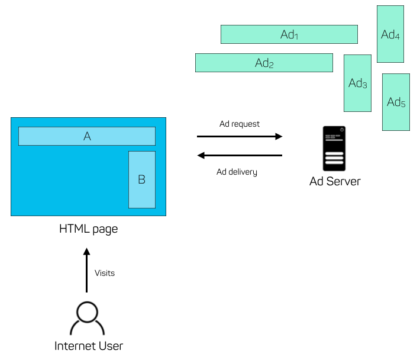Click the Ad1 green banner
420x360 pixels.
pyautogui.click(x=289, y=34)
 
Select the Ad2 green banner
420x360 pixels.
pyautogui.click(x=264, y=63)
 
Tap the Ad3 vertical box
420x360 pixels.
pyautogui.click(x=357, y=83)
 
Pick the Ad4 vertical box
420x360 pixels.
pyautogui.click(x=390, y=34)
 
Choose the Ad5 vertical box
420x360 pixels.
pyautogui.click(x=396, y=102)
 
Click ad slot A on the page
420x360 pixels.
pyautogui.click(x=87, y=136)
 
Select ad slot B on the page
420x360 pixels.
pyautogui.click(x=142, y=179)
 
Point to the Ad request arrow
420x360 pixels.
pyautogui.click(x=239, y=137)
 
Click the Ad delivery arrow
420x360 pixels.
pyautogui.click(x=239, y=156)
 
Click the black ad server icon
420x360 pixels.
pyautogui.click(x=334, y=148)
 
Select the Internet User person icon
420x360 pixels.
pyautogui.click(x=88, y=319)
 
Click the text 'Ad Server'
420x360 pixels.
pyautogui.click(x=335, y=181)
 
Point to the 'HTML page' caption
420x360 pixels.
pyautogui.click(x=88, y=229)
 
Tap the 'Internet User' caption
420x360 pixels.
pyautogui.click(x=88, y=346)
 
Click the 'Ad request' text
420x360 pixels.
pyautogui.click(x=239, y=124)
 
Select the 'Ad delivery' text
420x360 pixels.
pyautogui.click(x=237, y=172)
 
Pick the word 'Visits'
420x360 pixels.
pyautogui.click(x=105, y=273)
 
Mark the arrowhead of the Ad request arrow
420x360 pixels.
pyautogui.click(x=279, y=137)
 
